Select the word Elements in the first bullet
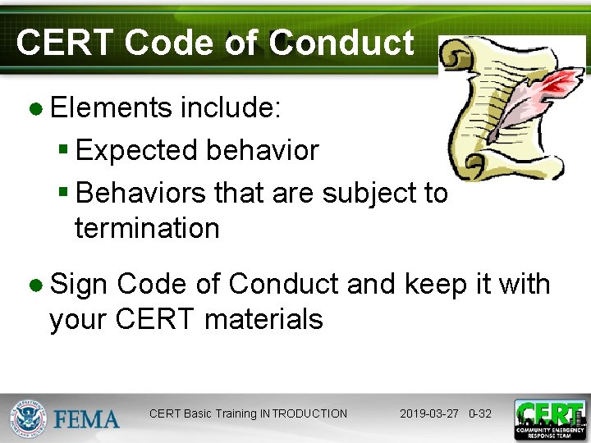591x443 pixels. [x=111, y=107]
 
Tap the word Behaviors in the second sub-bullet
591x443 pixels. [x=140, y=193]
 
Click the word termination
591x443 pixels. [x=147, y=228]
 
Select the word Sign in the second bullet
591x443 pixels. [x=79, y=284]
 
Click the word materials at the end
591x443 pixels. [x=263, y=319]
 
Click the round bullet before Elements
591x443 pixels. [x=36, y=108]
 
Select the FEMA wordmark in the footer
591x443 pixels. [x=87, y=418]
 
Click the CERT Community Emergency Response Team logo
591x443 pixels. [x=549, y=419]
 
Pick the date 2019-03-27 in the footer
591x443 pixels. [x=430, y=413]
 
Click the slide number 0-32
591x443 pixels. [x=480, y=413]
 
